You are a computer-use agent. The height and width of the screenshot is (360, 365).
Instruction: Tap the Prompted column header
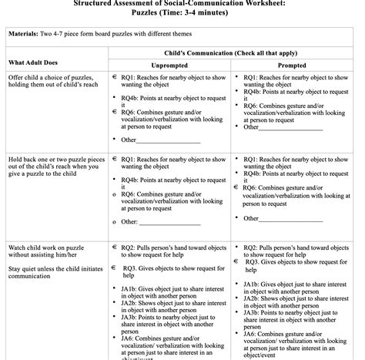pyautogui.click(x=291, y=66)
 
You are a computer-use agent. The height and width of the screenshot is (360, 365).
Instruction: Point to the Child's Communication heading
pyautogui.click(x=232, y=52)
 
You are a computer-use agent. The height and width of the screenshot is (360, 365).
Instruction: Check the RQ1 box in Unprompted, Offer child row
pyautogui.click(x=113, y=78)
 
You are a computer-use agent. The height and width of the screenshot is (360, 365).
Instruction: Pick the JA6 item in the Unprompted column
pyautogui.click(x=169, y=345)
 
